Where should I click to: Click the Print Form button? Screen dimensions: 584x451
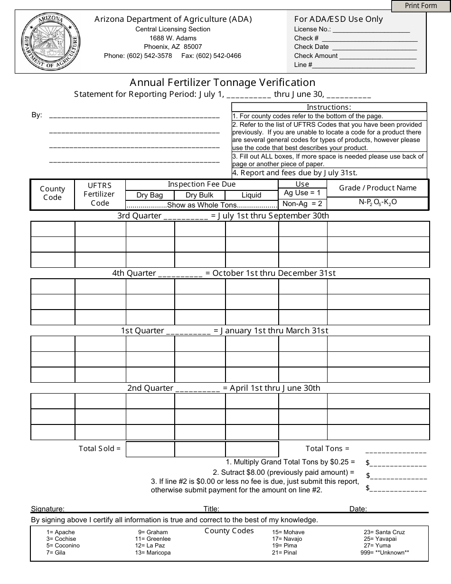(x=421, y=6)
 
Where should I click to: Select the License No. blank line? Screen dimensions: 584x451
(x=371, y=29)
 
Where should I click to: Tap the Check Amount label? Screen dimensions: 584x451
(x=316, y=56)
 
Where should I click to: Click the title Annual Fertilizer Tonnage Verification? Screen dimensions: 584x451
(x=223, y=83)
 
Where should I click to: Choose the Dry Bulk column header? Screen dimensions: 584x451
(x=199, y=195)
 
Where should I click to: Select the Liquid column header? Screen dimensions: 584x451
(x=251, y=195)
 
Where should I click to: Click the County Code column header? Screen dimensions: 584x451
(x=52, y=193)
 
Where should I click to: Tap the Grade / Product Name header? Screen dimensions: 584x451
(x=377, y=188)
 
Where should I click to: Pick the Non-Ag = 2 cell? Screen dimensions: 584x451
(x=302, y=204)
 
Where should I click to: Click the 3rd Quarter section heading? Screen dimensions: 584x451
(x=223, y=216)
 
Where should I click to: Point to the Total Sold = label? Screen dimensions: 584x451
(x=100, y=448)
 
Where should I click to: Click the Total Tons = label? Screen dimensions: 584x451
(x=327, y=448)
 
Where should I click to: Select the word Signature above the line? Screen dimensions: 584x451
(x=47, y=509)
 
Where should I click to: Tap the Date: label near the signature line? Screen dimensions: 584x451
(x=358, y=509)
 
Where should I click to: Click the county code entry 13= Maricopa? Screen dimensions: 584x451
(x=152, y=553)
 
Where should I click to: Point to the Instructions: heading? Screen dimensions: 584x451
(x=329, y=107)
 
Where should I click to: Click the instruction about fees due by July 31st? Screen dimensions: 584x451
(x=294, y=173)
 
